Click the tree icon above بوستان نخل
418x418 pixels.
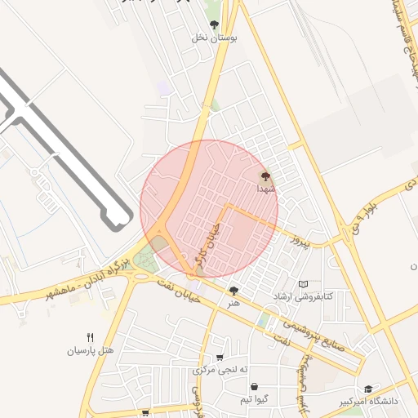pyautogui.click(x=214, y=24)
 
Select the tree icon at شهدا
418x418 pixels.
pyautogui.click(x=264, y=176)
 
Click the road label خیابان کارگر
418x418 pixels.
pyautogui.click(x=211, y=244)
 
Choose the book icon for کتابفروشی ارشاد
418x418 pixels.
pyautogui.click(x=303, y=284)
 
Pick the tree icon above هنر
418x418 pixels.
pyautogui.click(x=234, y=290)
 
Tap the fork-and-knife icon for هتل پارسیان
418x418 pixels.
pyautogui.click(x=90, y=337)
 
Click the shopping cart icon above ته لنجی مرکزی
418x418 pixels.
pyautogui.click(x=220, y=358)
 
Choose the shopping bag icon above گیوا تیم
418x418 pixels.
pyautogui.click(x=255, y=386)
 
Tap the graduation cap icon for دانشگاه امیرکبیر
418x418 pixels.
pyautogui.click(x=368, y=389)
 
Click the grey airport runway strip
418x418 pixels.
pyautogui.click(x=65, y=147)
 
